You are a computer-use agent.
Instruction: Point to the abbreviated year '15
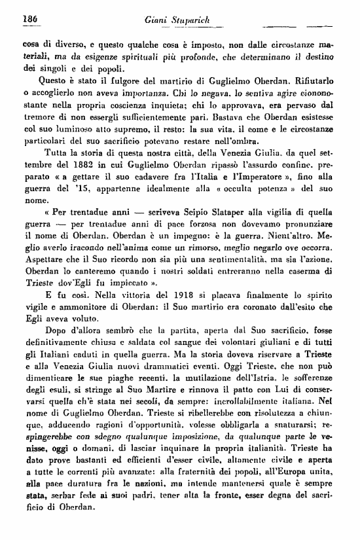coord(87,196)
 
